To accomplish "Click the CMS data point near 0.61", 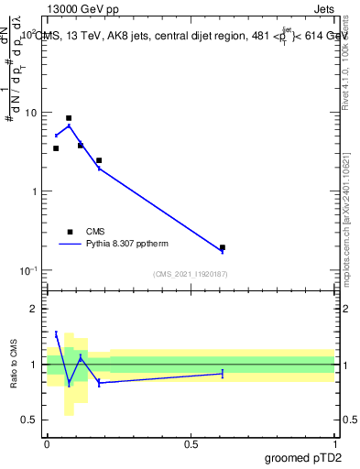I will tap(223, 247).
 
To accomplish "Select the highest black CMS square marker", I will tap(69, 118).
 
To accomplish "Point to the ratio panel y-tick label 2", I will tap(34, 309).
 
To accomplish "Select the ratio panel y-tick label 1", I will tap(34, 365).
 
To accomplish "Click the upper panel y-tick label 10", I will tap(32, 113).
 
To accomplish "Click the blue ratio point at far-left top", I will tap(56, 333).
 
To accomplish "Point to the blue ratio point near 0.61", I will tap(223, 373).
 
